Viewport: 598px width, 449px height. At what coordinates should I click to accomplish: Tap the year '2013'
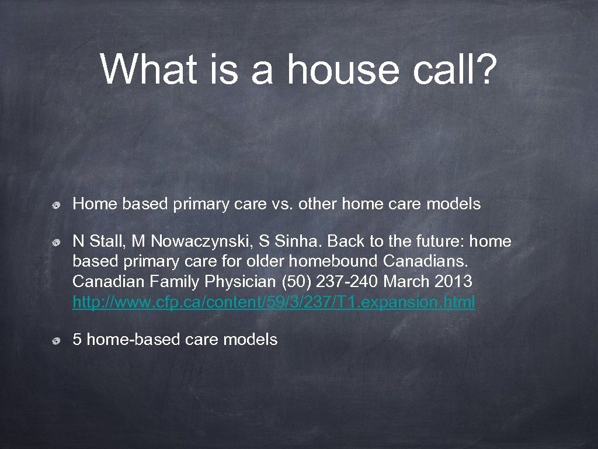click(454, 282)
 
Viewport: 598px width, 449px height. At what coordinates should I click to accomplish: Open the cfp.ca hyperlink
click(274, 302)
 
